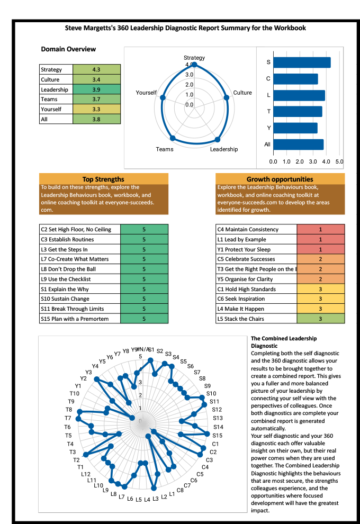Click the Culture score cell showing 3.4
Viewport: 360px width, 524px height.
coord(96,79)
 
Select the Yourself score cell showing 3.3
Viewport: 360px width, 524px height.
coord(96,110)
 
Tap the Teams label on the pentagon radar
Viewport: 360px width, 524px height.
coord(165,149)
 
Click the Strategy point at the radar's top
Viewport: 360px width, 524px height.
coord(194,65)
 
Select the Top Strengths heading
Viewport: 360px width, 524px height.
coord(104,179)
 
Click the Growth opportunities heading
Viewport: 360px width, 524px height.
coord(280,179)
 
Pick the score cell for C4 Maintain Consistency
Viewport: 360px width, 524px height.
coord(320,230)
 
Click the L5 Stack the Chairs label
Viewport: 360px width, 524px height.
coord(241,319)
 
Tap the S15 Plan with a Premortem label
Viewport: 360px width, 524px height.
coord(75,319)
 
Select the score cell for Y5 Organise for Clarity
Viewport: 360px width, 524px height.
coord(320,279)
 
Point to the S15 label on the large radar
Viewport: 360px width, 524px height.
coord(218,435)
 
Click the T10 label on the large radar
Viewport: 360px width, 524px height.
coord(74,394)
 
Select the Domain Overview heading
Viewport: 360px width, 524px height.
coord(68,49)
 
